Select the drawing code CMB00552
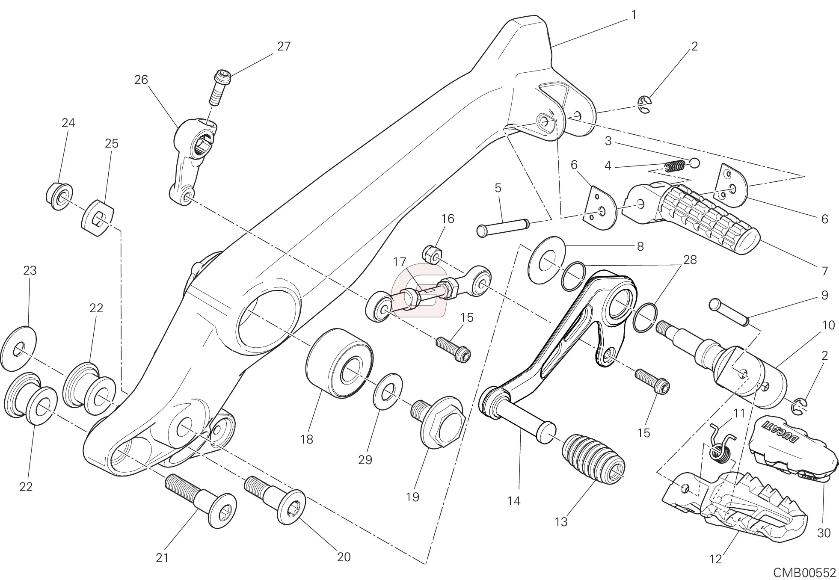[804, 573]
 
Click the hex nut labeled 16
[432, 254]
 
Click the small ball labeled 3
[694, 163]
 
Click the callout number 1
[634, 15]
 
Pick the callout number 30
[824, 533]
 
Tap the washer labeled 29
[388, 391]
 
